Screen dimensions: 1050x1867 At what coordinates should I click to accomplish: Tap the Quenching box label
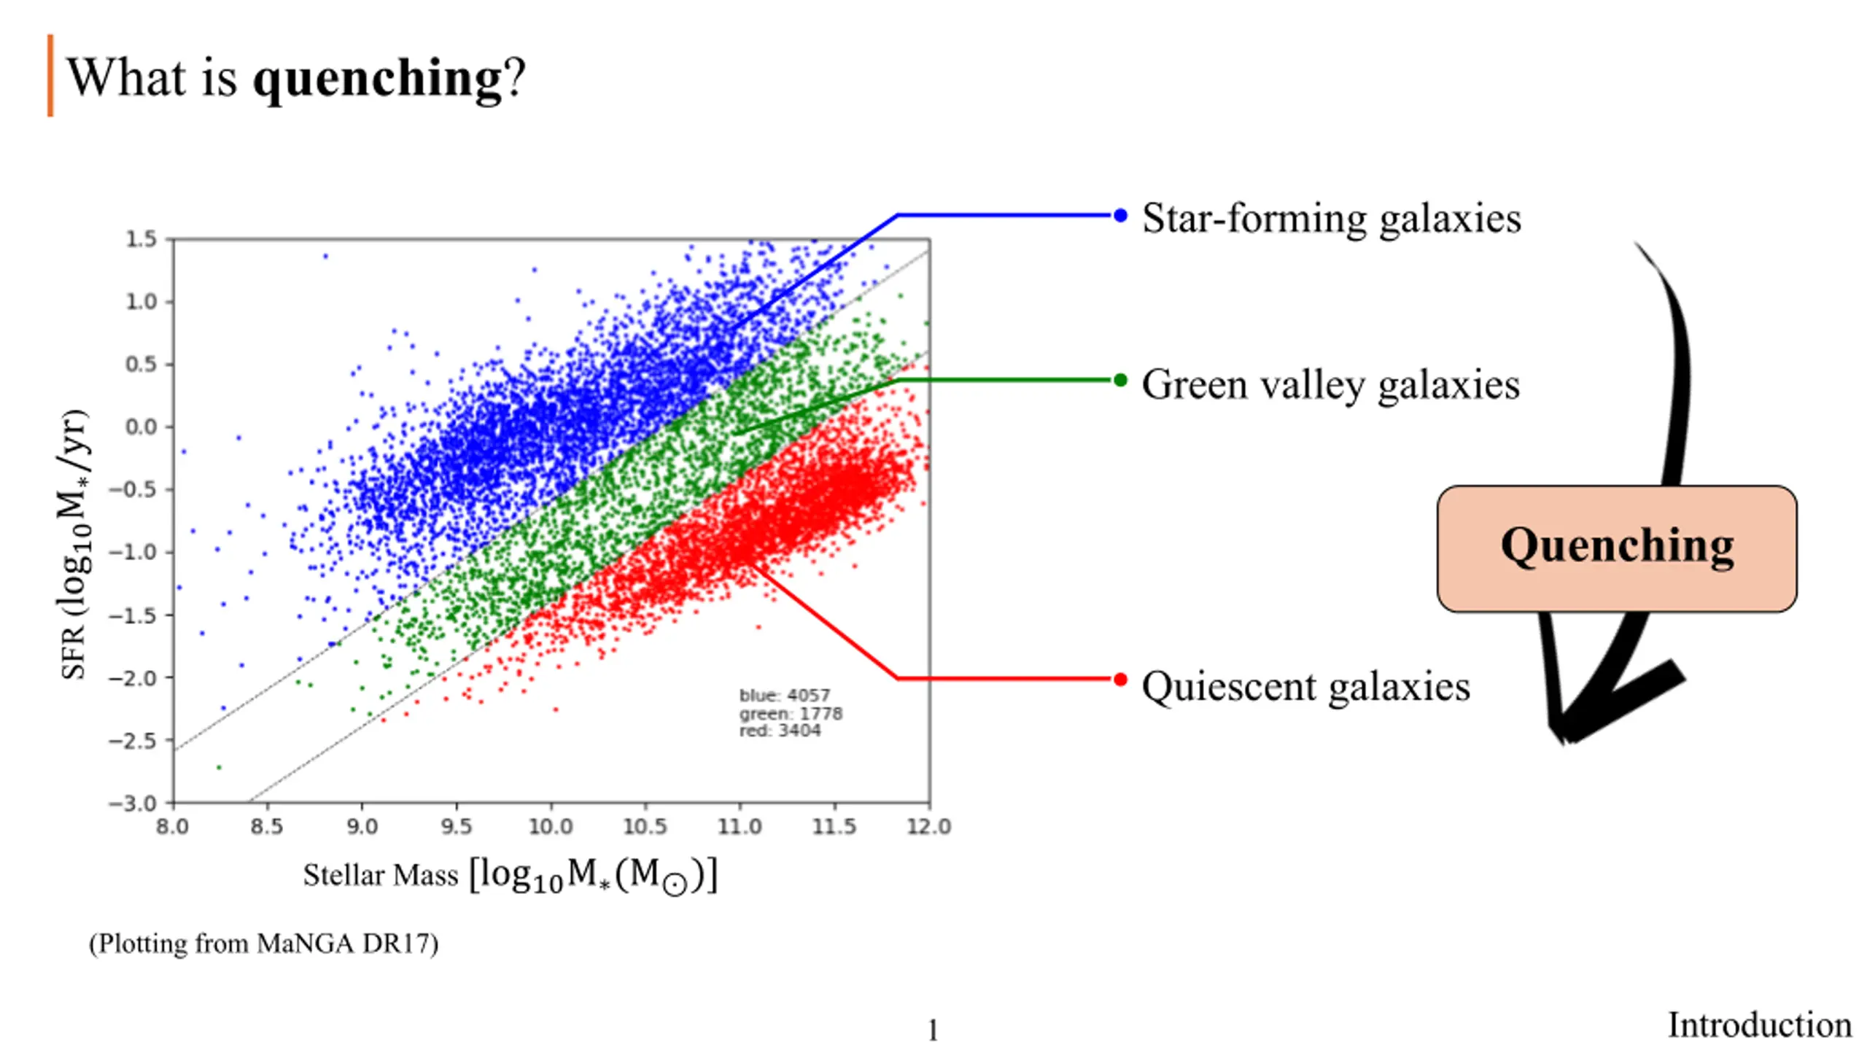[x=1617, y=546]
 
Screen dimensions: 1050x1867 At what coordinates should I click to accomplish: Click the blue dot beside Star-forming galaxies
[x=1120, y=215]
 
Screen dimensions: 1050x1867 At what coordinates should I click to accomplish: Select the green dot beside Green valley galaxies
[x=1120, y=380]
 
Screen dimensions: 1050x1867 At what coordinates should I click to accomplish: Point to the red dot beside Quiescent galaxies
[x=1120, y=680]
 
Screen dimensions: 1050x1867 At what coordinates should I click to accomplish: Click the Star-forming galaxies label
[x=1331, y=218]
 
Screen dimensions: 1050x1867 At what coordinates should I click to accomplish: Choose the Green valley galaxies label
[x=1330, y=384]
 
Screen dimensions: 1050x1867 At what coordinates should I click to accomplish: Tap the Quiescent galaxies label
[x=1305, y=687]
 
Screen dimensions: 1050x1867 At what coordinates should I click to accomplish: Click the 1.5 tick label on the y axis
[x=141, y=239]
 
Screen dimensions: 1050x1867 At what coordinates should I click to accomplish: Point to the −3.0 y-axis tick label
[x=133, y=804]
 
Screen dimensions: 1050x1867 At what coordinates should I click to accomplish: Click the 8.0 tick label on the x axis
[x=172, y=827]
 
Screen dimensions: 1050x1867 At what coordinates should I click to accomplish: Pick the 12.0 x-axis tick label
[x=929, y=827]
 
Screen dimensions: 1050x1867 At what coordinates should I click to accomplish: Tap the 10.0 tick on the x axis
[x=551, y=827]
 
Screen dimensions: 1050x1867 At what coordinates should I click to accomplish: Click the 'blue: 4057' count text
[x=785, y=695]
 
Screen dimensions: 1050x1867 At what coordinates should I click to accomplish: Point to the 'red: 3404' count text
[x=780, y=731]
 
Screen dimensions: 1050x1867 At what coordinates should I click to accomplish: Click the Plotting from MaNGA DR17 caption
[x=263, y=944]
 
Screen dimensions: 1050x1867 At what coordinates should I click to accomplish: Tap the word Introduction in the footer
[x=1759, y=1025]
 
